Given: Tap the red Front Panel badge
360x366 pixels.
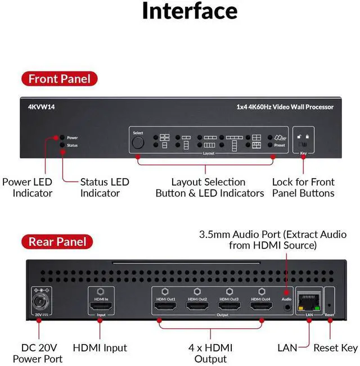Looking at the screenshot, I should (60, 79).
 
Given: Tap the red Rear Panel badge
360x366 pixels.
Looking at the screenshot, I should (58, 242).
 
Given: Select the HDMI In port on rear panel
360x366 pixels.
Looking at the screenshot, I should (102, 307).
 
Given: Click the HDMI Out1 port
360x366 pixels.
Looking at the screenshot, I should (165, 307).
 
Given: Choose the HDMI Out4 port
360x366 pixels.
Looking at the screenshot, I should (261, 307).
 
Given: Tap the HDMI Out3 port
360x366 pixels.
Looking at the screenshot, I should (229, 307).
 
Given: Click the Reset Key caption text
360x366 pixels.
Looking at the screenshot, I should (335, 348).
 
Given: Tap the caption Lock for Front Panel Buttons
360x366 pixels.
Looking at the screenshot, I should (303, 187).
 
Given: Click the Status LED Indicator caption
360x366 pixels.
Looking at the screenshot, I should (104, 187).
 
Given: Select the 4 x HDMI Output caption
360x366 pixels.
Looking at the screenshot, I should (210, 353).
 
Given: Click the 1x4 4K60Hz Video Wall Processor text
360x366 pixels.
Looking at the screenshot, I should (285, 107).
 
